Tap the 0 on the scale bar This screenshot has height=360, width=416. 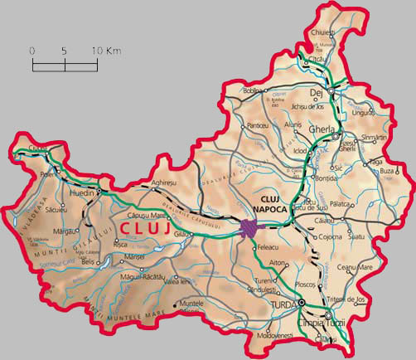[x=32, y=51]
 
